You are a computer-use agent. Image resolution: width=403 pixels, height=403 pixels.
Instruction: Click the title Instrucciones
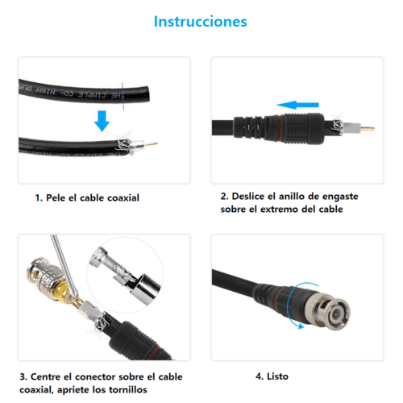[x=201, y=22]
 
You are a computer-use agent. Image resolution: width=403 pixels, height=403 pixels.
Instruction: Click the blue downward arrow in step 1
[x=102, y=121]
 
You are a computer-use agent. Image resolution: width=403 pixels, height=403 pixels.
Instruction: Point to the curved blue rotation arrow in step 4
[x=298, y=306]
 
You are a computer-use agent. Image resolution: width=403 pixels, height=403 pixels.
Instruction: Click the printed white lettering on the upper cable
[x=73, y=91]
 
